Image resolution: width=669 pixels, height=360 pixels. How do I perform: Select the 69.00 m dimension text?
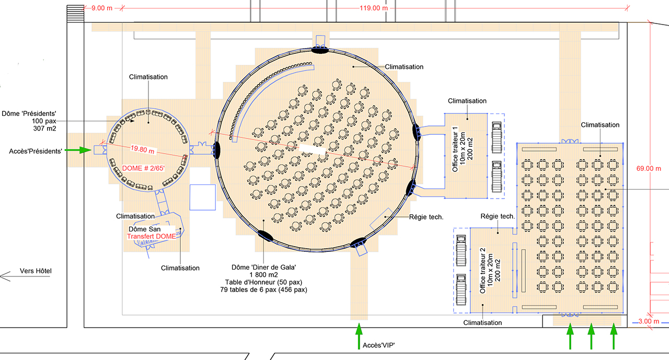coord(648,168)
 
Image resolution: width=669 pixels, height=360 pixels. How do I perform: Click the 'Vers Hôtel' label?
coord(36,271)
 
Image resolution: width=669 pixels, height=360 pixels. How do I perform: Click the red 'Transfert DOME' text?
coord(152,237)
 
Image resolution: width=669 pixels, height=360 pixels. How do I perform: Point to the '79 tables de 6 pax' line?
coord(263,289)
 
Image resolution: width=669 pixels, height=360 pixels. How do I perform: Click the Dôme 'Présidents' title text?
coord(29,113)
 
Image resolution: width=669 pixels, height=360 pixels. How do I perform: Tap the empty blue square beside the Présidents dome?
coord(202,197)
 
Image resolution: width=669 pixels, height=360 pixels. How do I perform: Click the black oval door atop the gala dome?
coord(320,50)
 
